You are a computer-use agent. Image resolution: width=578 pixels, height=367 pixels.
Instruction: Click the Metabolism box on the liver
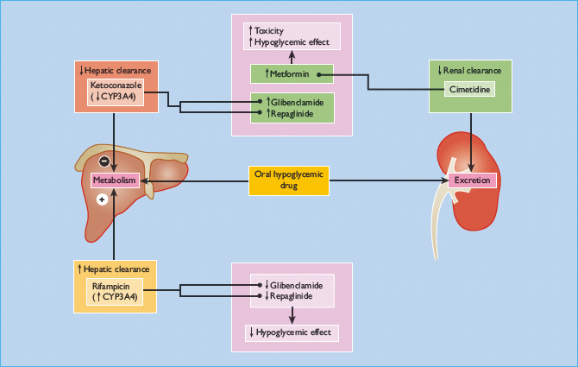pyautogui.click(x=116, y=180)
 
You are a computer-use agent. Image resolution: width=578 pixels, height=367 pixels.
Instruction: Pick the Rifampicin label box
pyautogui.click(x=116, y=290)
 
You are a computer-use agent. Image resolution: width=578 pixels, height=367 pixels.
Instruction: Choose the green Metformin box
pyautogui.click(x=292, y=75)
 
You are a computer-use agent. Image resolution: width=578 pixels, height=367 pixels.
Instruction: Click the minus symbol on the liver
pyautogui.click(x=104, y=161)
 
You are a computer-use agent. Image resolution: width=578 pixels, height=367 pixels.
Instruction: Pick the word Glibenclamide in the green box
pyautogui.click(x=296, y=101)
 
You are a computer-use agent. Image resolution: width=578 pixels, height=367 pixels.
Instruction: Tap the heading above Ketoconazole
pyautogui.click(x=115, y=70)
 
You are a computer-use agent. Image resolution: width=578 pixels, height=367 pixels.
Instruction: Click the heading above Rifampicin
pyautogui.click(x=115, y=269)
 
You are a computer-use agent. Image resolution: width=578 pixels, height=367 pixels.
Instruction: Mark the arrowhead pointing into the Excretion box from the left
pyautogui.click(x=445, y=180)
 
